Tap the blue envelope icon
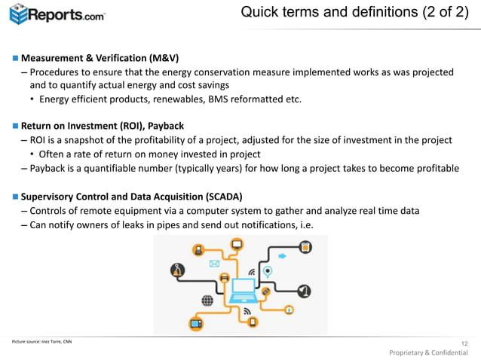point(214,264)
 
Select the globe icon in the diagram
point(207,300)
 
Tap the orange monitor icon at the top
point(237,244)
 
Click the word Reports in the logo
point(57,14)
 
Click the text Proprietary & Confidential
point(428,352)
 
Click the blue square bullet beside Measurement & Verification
point(14,59)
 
